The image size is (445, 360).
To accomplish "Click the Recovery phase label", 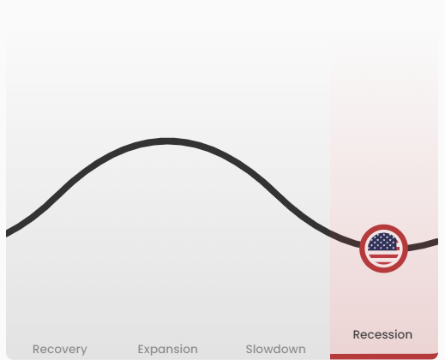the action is point(60,349).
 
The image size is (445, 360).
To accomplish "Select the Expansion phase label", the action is point(168,349).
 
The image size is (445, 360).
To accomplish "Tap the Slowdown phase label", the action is point(276,349).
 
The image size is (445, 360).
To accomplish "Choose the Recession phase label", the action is point(382,334).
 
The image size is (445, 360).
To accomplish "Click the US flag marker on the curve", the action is point(383,249).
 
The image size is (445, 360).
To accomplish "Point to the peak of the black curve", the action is point(168,141).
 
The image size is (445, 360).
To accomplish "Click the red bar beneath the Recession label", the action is point(384,357).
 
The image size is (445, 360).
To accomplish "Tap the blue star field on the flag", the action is point(382,242).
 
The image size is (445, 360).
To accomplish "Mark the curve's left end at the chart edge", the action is point(7,233).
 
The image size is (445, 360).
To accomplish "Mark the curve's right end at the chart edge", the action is point(437,242).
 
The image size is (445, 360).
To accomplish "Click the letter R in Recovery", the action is point(36,349).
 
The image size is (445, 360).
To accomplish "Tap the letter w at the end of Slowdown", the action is point(292,351).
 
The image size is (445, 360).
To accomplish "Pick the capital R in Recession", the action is point(357,334).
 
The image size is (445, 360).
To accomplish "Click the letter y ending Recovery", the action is point(84,351).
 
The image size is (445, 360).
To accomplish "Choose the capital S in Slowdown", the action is point(250,349).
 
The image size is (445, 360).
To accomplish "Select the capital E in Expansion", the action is point(141,349).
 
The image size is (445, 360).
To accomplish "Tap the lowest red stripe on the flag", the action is point(383,262).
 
